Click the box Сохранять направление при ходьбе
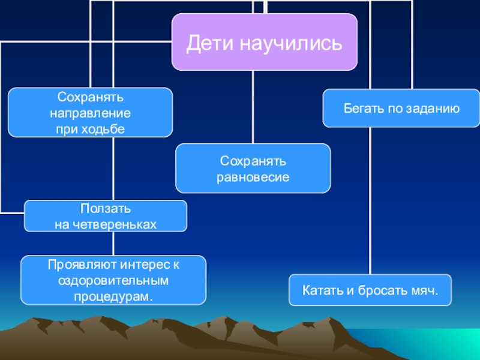[x=90, y=112]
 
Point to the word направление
[x=90, y=112]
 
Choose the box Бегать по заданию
[x=401, y=109]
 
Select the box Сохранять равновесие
[x=253, y=169]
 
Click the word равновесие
[x=253, y=177]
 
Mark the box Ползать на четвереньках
[x=105, y=216]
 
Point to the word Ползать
[x=105, y=209]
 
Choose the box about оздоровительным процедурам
[x=113, y=280]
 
